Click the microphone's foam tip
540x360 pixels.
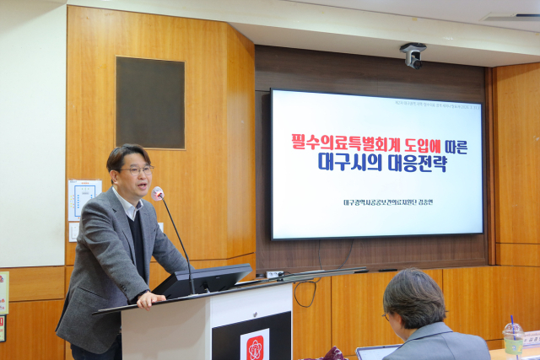pyautogui.click(x=158, y=193)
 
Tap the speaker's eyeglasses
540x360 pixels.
pyautogui.click(x=138, y=170)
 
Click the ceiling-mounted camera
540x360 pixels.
pyautogui.click(x=413, y=56)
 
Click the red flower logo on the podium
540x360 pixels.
pyautogui.click(x=255, y=346)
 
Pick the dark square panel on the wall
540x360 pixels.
pyautogui.click(x=150, y=103)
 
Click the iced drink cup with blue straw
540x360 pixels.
pyautogui.click(x=513, y=340)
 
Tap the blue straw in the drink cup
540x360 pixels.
pyautogui.click(x=511, y=324)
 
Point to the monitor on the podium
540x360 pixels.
pyautogui.click(x=202, y=281)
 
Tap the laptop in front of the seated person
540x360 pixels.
pyautogui.click(x=375, y=352)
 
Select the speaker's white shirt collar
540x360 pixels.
pyautogui.click(x=127, y=204)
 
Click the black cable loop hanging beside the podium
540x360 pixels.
pyautogui.click(x=305, y=293)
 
